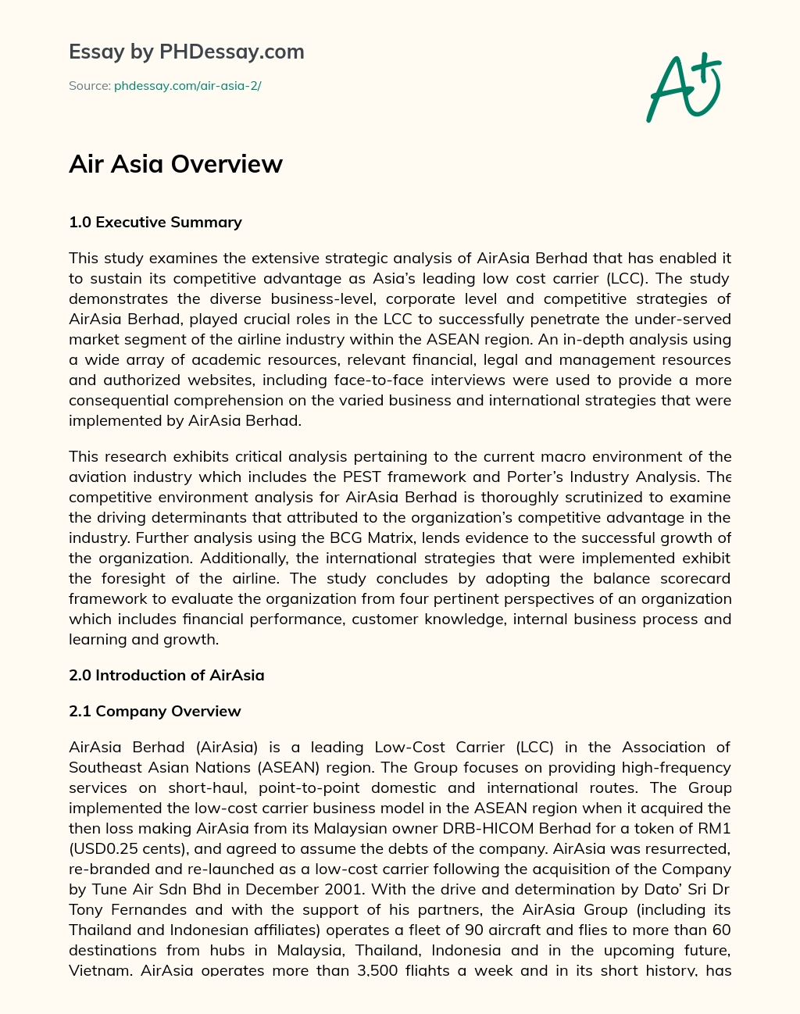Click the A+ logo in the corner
tap(683, 87)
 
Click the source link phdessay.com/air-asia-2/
tap(187, 86)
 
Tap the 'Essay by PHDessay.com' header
tap(187, 52)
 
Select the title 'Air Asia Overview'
tap(176, 164)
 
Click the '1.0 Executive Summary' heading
tap(155, 223)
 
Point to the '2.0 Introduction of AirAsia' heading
tap(166, 676)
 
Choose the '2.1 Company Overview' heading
tap(155, 712)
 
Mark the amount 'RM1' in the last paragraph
tap(716, 829)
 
